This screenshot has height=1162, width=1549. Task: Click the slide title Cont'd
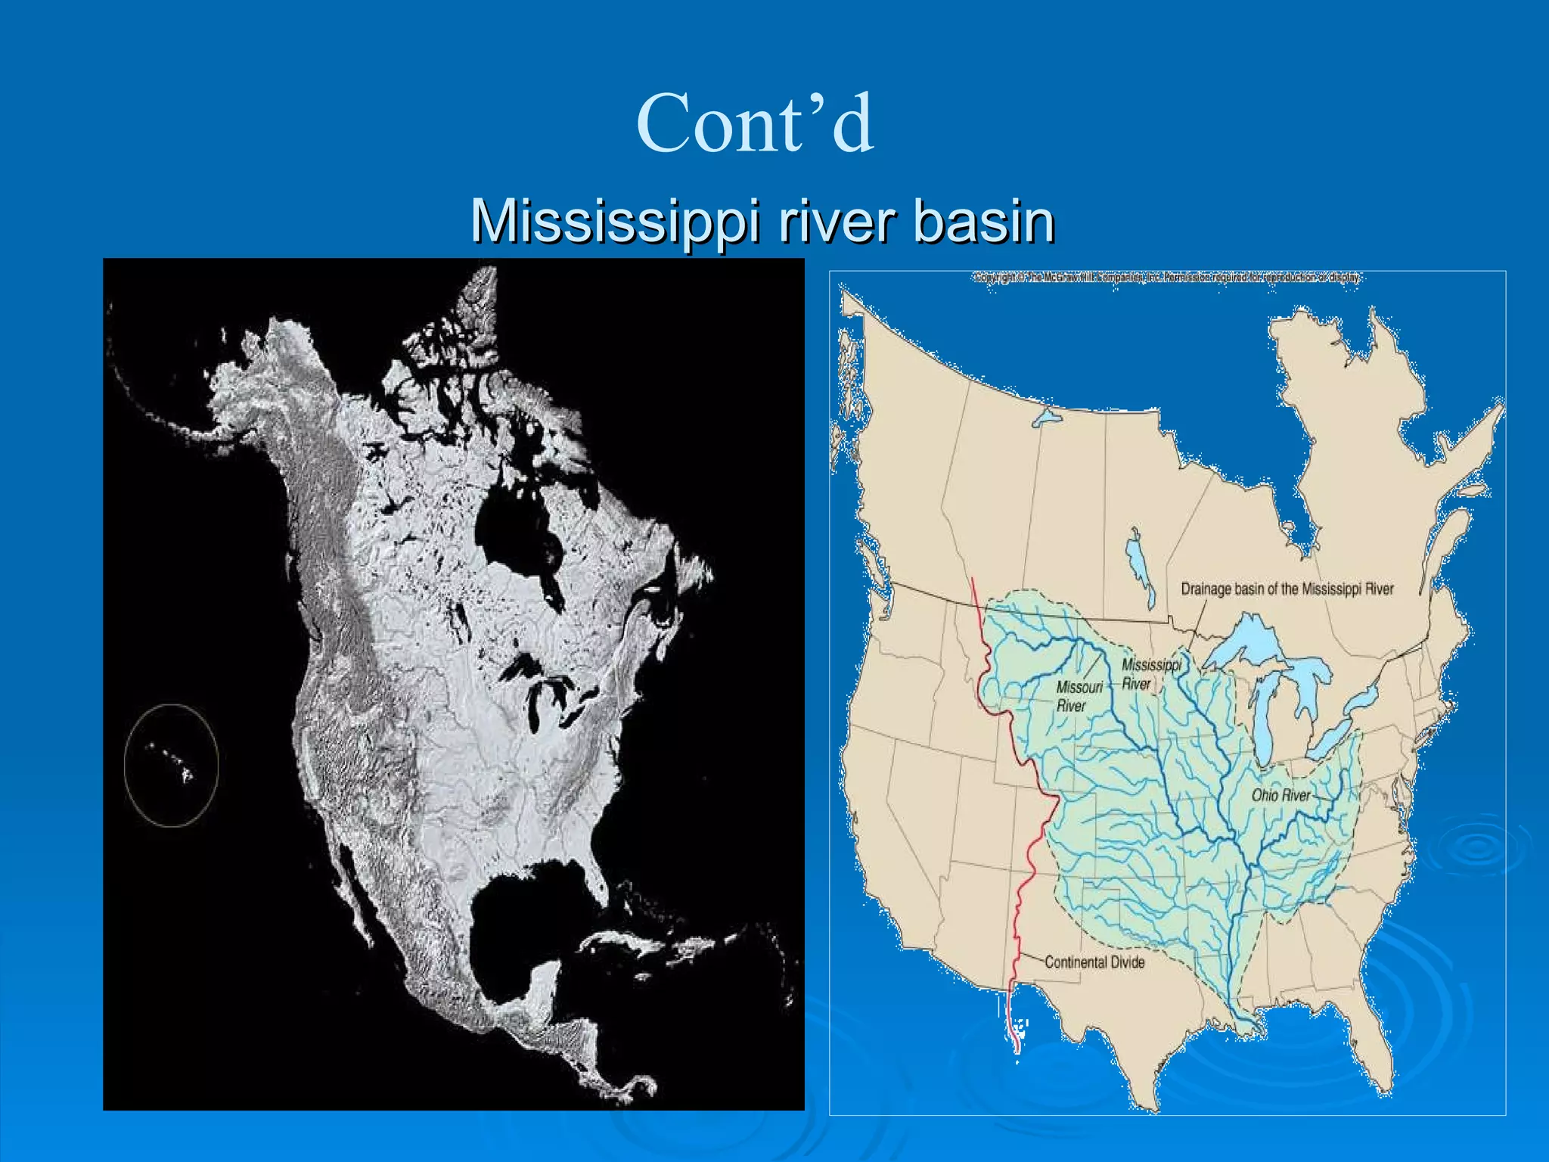click(x=755, y=123)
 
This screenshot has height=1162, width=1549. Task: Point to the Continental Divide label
click(x=1094, y=962)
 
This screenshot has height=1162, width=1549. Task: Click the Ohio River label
click(x=1280, y=795)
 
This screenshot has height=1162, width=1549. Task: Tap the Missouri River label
click(x=1079, y=696)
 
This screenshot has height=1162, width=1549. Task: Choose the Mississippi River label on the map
click(x=1150, y=674)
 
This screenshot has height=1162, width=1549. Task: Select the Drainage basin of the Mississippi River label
click(x=1287, y=589)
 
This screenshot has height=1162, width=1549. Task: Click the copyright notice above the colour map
click(x=1166, y=278)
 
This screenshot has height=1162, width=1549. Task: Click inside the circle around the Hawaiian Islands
click(x=172, y=764)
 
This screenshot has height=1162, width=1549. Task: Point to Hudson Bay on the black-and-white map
click(x=514, y=522)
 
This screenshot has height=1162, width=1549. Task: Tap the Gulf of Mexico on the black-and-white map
click(x=522, y=908)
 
